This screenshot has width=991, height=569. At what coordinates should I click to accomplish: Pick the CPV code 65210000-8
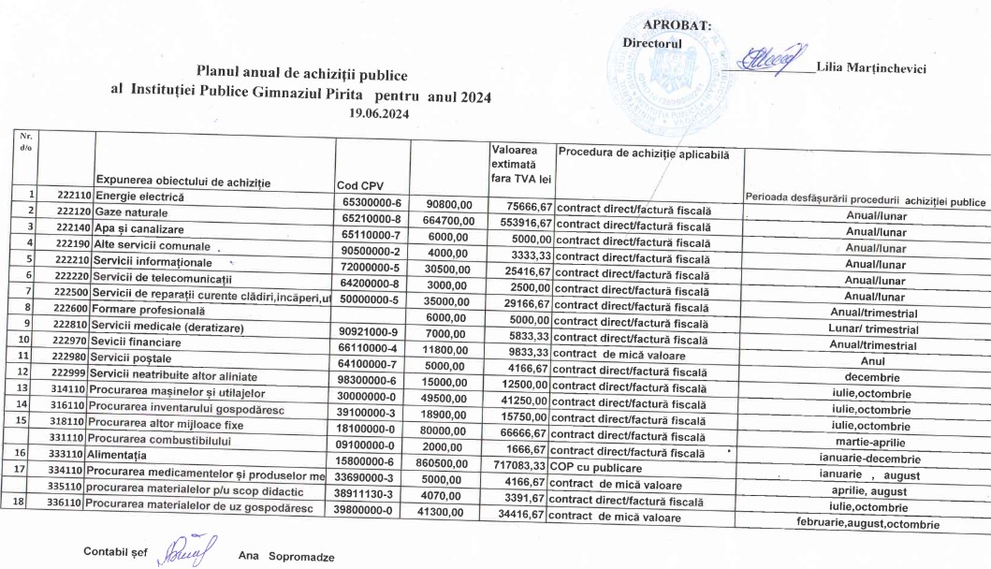(x=373, y=213)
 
